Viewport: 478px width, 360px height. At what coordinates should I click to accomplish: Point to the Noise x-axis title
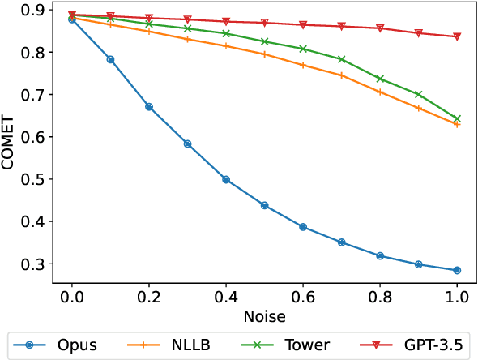[x=264, y=315]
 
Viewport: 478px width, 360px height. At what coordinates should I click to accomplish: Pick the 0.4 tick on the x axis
[x=226, y=296]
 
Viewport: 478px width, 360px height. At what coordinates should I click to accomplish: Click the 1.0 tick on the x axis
[x=457, y=296]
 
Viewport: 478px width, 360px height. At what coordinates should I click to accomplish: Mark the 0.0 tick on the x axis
[x=72, y=296]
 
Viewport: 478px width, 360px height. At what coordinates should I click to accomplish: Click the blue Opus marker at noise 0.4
[x=226, y=179]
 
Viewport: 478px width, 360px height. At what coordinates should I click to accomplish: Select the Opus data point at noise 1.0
[x=457, y=270]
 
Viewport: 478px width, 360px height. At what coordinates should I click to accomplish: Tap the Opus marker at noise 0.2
[x=149, y=106]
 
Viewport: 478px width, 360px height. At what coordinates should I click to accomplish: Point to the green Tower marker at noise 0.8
[x=380, y=79]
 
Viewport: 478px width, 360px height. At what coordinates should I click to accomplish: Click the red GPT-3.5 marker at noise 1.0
[x=457, y=36]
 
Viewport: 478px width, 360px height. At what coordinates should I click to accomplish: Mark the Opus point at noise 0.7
[x=342, y=242]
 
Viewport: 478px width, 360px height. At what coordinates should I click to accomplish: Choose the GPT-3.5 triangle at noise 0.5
[x=265, y=23]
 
